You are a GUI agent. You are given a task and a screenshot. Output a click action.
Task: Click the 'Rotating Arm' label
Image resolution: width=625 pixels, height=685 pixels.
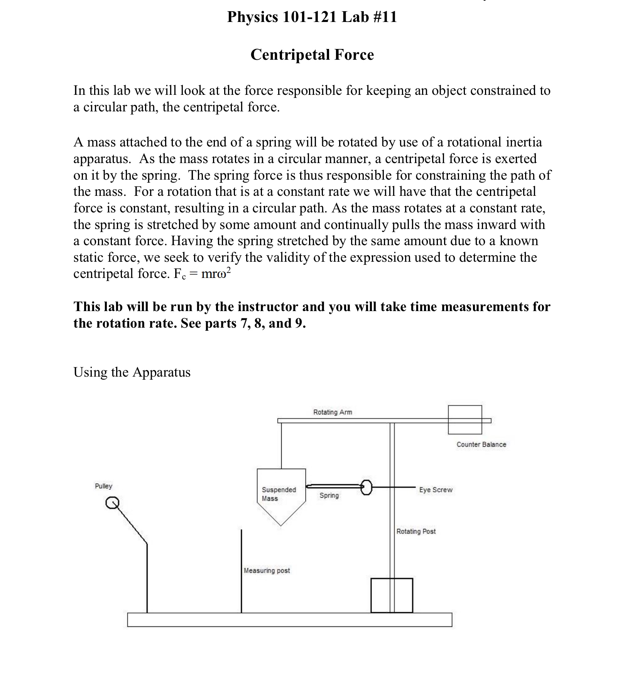[x=332, y=412]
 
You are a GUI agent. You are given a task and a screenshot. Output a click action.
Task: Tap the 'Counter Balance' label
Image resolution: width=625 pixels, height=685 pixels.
[x=481, y=444]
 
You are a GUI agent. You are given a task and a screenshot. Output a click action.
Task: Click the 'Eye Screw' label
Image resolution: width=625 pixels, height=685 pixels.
[x=436, y=490]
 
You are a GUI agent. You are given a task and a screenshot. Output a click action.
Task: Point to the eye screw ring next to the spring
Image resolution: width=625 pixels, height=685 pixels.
[x=366, y=487]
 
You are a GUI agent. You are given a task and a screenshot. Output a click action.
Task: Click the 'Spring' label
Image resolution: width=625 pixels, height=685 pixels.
[x=329, y=495]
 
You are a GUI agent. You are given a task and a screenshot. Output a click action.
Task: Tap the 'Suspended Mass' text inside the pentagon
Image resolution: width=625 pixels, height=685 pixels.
[x=279, y=494]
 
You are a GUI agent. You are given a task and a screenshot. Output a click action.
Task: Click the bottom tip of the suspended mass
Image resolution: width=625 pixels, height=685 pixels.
[x=281, y=525]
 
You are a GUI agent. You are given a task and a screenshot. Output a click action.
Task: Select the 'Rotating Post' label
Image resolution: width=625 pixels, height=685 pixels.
[x=416, y=531]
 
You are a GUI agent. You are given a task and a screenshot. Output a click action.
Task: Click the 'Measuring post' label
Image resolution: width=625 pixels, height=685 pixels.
[x=267, y=571]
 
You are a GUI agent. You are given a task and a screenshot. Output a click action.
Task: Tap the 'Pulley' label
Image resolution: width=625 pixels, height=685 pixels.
[x=103, y=486]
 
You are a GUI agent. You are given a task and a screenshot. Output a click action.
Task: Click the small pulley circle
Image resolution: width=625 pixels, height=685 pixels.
[x=112, y=503]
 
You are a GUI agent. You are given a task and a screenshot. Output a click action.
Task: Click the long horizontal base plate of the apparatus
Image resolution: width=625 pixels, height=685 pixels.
[x=289, y=619]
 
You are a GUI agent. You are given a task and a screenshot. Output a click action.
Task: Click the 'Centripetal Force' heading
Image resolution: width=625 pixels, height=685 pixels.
[x=312, y=55]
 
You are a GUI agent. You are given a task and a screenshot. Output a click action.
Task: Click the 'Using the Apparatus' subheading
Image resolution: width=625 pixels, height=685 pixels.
[x=132, y=372]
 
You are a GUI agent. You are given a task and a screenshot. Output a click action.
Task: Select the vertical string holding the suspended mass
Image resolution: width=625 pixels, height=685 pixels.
[x=282, y=446]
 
